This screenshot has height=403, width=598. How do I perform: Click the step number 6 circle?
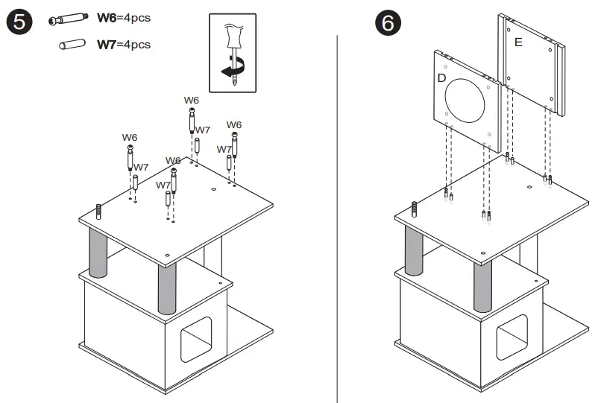point(388,23)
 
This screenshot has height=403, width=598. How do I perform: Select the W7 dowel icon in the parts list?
point(69,45)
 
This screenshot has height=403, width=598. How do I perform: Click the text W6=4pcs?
point(124,19)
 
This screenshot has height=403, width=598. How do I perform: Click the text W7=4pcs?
point(124,45)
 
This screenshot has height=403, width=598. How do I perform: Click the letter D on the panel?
point(441,77)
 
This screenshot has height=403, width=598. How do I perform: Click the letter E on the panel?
point(518,42)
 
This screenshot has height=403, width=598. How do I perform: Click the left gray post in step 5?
point(98,253)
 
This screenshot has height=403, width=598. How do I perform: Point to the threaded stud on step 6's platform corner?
point(413,209)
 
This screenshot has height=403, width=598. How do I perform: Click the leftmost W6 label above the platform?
point(130,137)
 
